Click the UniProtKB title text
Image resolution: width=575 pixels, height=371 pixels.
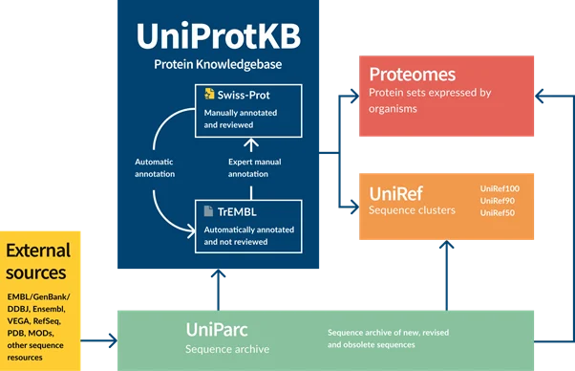click(x=219, y=36)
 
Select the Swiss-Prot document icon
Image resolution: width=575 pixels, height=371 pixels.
click(x=209, y=94)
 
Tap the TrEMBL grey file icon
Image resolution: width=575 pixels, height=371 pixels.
click(x=208, y=211)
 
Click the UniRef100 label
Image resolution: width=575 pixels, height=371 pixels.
click(x=500, y=188)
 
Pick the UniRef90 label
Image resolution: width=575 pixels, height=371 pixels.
click(x=498, y=201)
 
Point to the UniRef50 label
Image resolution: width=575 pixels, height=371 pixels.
click(x=498, y=213)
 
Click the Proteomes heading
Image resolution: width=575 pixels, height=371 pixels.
click(x=413, y=75)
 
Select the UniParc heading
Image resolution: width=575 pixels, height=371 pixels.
click(x=217, y=330)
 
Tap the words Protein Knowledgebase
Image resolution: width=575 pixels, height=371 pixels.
click(x=218, y=64)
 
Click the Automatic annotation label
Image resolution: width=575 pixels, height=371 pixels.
click(x=155, y=167)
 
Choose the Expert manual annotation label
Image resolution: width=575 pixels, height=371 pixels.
click(x=254, y=167)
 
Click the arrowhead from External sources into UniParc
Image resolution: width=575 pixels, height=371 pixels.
click(x=113, y=340)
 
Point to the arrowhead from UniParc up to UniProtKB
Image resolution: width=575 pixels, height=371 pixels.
click(x=218, y=273)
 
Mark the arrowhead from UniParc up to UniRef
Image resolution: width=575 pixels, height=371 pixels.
click(x=447, y=245)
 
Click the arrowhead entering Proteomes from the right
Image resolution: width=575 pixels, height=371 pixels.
click(x=539, y=97)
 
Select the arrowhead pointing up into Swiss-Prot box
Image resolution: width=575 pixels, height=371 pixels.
click(x=251, y=142)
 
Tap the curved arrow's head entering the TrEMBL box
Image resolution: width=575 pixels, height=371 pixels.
click(x=191, y=230)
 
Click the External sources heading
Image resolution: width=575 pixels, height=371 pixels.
click(x=38, y=262)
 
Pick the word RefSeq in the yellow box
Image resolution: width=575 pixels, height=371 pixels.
click(x=47, y=321)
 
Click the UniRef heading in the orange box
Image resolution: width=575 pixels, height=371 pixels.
click(x=396, y=193)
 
